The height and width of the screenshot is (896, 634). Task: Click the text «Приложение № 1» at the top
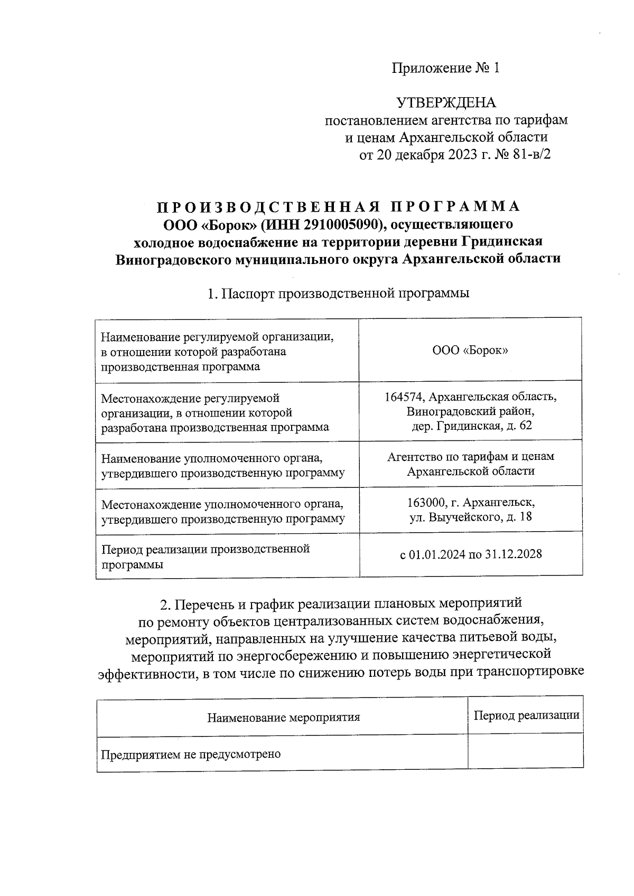pos(445,68)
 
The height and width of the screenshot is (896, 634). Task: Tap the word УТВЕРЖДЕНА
pos(446,102)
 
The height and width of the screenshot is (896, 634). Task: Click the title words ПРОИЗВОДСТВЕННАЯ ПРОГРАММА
pos(338,206)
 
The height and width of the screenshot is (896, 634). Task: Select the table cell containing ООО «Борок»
pos(470,350)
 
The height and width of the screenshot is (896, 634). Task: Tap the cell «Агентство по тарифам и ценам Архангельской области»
pos(470,464)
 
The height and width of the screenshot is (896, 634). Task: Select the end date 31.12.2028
pos(515,554)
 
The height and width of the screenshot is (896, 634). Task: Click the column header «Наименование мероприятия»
pos(283,717)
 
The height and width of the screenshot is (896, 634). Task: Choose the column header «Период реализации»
pos(526,715)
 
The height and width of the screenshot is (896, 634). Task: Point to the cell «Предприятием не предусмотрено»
pos(191,754)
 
